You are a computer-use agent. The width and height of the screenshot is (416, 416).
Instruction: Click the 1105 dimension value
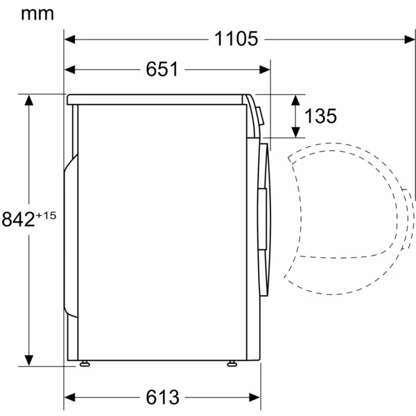click(x=236, y=39)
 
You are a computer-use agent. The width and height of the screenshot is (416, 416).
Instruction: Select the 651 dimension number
click(x=162, y=69)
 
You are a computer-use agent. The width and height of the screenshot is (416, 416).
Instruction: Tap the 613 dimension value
click(x=162, y=397)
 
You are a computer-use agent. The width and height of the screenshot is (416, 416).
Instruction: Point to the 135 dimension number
click(x=320, y=116)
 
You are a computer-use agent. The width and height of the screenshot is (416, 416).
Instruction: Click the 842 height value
click(x=18, y=219)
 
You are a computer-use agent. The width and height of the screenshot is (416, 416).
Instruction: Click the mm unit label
click(x=37, y=14)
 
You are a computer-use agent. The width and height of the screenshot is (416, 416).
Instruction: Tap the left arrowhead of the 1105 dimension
click(x=70, y=40)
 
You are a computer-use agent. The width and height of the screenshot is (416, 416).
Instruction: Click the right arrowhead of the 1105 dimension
click(x=410, y=40)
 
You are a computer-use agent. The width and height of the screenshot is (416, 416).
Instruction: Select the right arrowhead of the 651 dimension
click(x=265, y=70)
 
